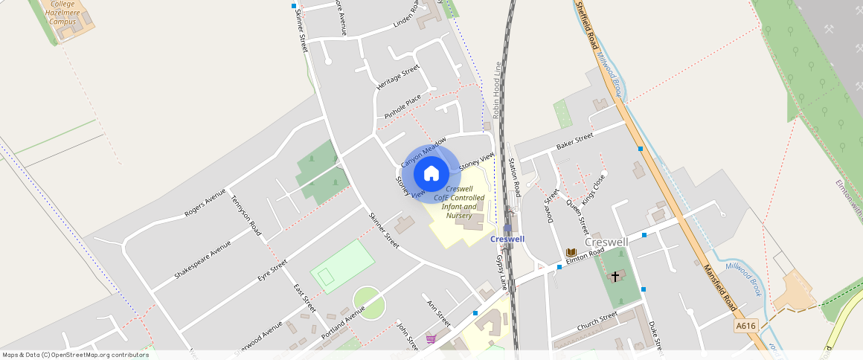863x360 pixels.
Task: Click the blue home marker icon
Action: [x=431, y=174]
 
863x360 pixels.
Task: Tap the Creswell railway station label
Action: [x=507, y=239]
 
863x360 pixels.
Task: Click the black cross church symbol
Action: [x=615, y=277]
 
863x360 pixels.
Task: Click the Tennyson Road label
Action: [x=246, y=216]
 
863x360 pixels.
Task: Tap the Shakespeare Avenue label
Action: [x=202, y=260]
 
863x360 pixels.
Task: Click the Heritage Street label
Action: [x=398, y=77]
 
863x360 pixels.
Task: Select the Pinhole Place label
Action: [x=403, y=107]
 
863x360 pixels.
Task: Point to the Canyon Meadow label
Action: [x=423, y=152]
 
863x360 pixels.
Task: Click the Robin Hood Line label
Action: [x=496, y=90]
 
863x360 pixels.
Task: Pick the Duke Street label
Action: [x=655, y=335]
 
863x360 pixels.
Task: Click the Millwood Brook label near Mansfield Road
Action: [x=744, y=277]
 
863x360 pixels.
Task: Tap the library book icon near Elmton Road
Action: [x=571, y=252]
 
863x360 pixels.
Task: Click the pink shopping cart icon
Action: [x=431, y=339]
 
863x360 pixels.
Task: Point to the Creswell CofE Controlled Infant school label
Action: [x=459, y=202]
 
